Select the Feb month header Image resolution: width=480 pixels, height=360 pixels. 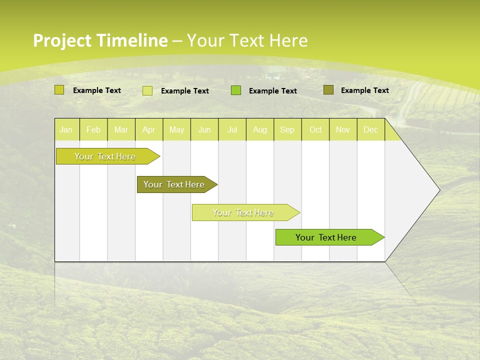(x=93, y=129)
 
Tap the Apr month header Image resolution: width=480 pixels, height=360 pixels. (x=149, y=129)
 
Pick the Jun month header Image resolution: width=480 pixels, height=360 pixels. (x=204, y=129)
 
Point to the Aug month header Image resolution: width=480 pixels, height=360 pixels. (x=260, y=129)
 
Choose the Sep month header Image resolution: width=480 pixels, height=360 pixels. (x=287, y=129)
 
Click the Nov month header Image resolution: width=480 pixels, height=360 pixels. (x=343, y=129)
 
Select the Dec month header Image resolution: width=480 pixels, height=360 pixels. (x=370, y=129)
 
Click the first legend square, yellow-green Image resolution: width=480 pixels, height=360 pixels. (x=59, y=90)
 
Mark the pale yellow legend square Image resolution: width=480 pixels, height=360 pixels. (x=147, y=90)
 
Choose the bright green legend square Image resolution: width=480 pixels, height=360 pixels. (x=236, y=90)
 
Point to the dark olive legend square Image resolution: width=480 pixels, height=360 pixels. (x=328, y=90)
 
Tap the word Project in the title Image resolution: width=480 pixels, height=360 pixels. (x=62, y=40)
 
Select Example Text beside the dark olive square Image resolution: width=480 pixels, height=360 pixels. (x=364, y=90)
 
